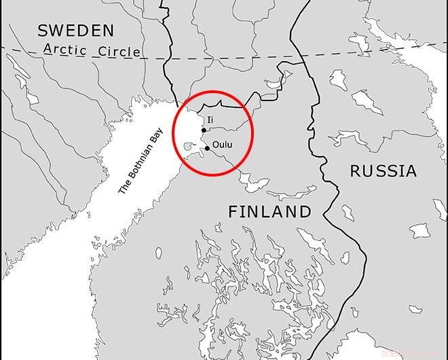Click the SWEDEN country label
[x=75, y=30]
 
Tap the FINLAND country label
[x=269, y=212]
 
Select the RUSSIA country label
[x=383, y=171]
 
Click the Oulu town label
[x=223, y=144]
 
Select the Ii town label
[x=210, y=120]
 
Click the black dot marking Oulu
[x=207, y=148]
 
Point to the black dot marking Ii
[x=204, y=130]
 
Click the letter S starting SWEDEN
[x=43, y=30]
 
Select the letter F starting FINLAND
[x=233, y=212]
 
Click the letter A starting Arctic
[x=48, y=50]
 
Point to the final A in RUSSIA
[x=411, y=171]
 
